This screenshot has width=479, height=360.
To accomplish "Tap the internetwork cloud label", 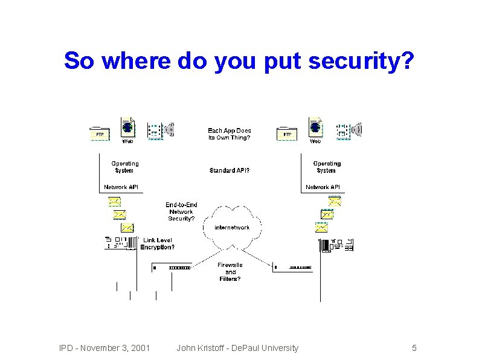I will tap(232, 228).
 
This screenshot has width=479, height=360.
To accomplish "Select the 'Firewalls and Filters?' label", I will tap(230, 272).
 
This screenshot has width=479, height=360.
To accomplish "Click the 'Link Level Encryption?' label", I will tap(158, 243).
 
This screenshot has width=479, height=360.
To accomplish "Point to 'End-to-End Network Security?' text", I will tap(181, 211).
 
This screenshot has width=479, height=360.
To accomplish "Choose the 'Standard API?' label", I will tap(230, 170).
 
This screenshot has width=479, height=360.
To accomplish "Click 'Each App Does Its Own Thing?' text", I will tap(230, 134).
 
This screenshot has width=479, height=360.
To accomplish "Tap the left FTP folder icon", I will tap(99, 133).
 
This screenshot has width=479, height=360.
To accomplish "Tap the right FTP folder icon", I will tap(287, 133).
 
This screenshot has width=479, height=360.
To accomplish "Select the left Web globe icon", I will tap(127, 128).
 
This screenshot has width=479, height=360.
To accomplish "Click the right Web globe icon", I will tap(315, 128).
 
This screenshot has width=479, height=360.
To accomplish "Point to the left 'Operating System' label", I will tap(124, 167).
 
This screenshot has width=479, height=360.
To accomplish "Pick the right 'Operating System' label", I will tap(327, 167).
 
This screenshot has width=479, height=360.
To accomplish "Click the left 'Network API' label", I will tap(121, 187).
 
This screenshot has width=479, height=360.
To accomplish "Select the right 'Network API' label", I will tap(323, 187).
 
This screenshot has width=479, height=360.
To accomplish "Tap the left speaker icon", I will tap(169, 129).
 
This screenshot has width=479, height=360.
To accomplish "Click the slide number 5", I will tap(414, 348).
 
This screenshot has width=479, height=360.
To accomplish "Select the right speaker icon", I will tap(357, 129).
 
